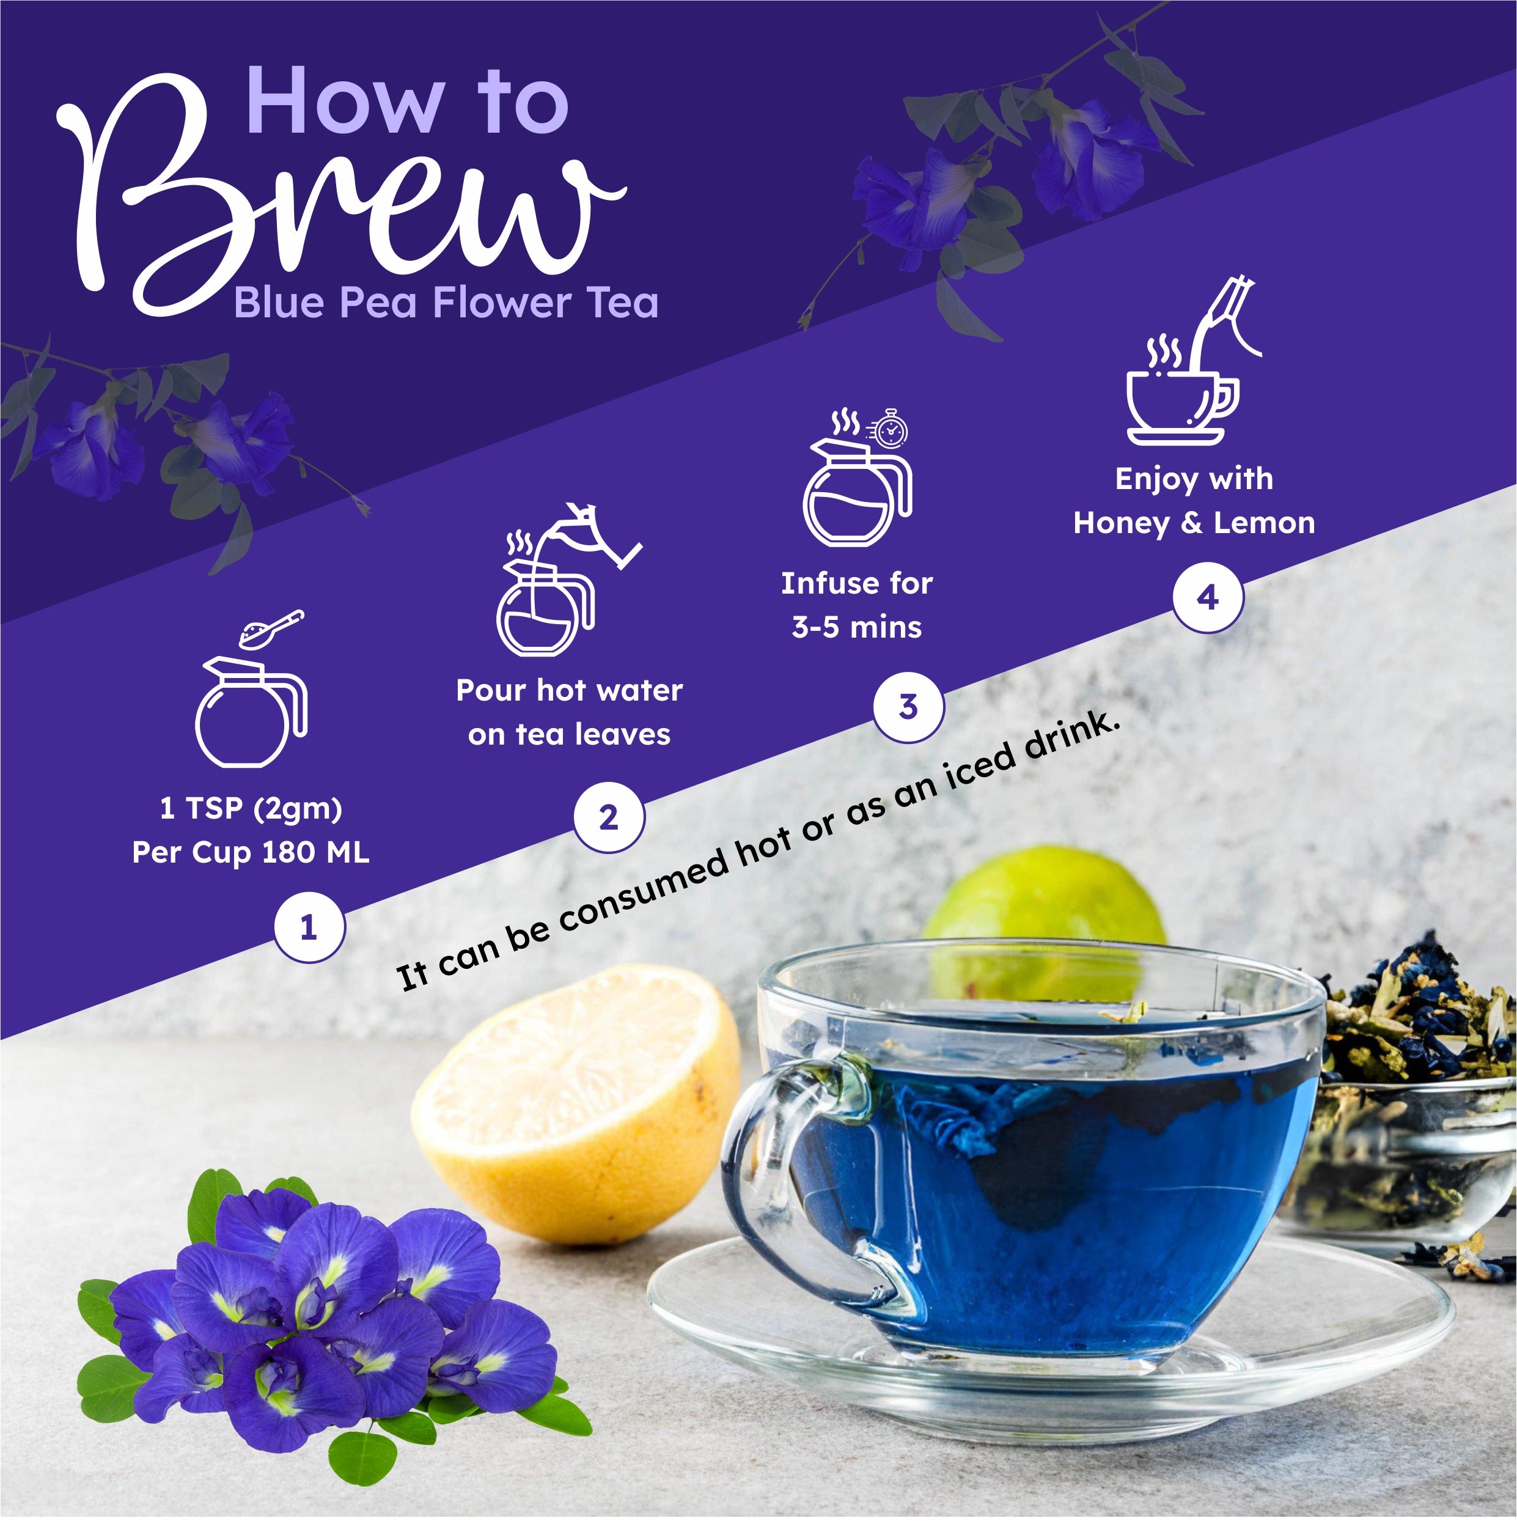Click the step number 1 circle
coord(309,927)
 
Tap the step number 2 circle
coord(609,817)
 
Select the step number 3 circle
coord(908,707)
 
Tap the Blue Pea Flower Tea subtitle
coord(446,303)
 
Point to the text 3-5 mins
coord(857,628)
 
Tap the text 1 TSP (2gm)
coord(251,808)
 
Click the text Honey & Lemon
coord(1194,523)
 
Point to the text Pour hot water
coord(569,691)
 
